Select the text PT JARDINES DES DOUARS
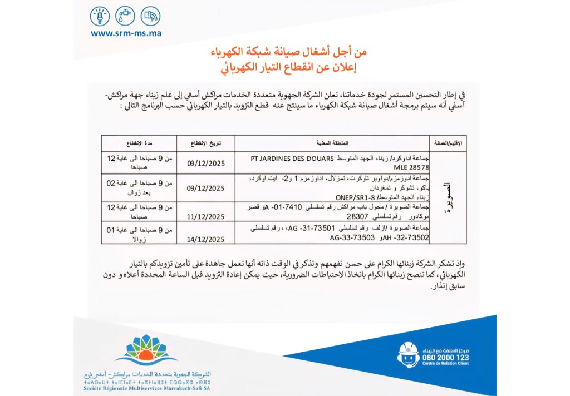tap(292, 158)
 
